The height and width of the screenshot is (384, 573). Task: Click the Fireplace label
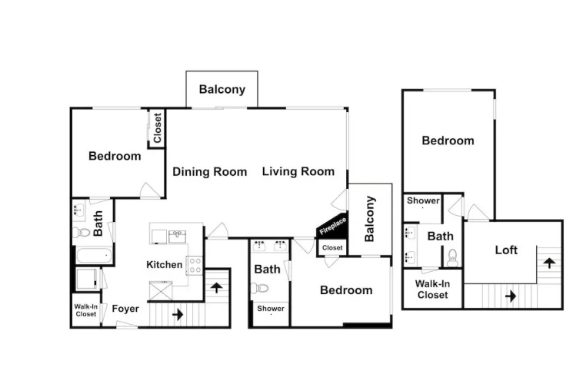332,227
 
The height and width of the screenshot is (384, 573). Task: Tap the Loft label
506,250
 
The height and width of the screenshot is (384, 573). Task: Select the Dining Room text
210,171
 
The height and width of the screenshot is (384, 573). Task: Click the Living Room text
298,171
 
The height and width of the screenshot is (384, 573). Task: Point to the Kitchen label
164,265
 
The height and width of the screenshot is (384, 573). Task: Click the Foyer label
125,309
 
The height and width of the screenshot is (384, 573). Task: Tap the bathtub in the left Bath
94,255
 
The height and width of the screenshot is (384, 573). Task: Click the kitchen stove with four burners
195,266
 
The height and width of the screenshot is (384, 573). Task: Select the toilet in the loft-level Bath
452,258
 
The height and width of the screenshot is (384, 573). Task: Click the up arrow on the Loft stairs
549,263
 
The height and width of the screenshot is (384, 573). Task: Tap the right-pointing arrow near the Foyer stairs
178,314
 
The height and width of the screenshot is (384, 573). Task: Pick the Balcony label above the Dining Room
222,89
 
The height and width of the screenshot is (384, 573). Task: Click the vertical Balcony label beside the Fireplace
369,219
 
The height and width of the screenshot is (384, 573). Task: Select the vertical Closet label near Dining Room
157,127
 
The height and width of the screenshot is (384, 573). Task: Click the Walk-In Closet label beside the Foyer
86,310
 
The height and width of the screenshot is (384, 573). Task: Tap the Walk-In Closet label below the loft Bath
432,290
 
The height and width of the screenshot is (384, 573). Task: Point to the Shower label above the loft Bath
423,200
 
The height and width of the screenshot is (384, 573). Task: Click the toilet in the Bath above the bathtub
81,232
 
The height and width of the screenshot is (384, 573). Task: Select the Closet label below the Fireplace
332,248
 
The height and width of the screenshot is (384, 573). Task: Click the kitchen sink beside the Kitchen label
177,237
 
